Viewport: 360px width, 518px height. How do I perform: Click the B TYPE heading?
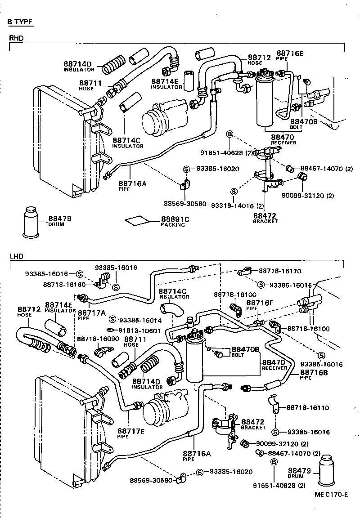[20, 21]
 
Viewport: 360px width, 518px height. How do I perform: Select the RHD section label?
[16, 38]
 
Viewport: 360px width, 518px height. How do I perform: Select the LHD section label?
[16, 256]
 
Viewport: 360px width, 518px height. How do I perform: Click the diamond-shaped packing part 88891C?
[137, 220]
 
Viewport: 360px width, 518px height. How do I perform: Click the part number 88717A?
[92, 312]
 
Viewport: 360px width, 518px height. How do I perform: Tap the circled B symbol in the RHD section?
[229, 134]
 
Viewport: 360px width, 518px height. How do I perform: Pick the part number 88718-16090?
[98, 339]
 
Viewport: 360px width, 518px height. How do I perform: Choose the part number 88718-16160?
[64, 285]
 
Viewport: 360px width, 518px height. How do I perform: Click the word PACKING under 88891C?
[173, 225]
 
